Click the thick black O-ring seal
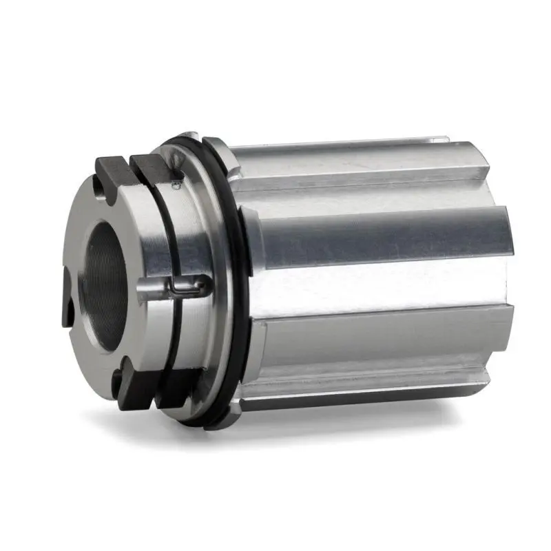coord(238,275)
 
